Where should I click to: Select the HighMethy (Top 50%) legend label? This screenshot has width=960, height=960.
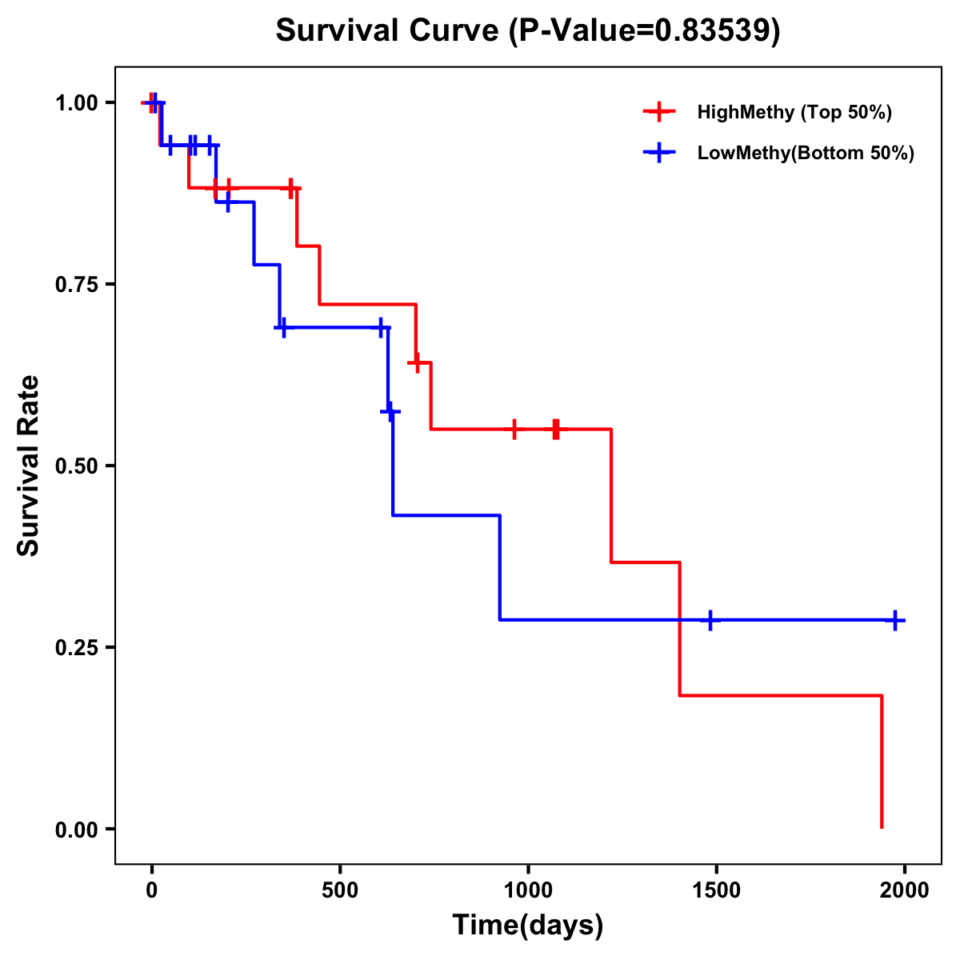[x=794, y=112]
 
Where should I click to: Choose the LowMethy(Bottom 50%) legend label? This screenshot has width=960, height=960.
[x=806, y=153]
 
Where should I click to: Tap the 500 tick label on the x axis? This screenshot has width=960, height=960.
[x=340, y=890]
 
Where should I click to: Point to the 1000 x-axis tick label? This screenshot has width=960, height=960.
[x=528, y=890]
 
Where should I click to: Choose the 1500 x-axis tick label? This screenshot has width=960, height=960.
[x=716, y=890]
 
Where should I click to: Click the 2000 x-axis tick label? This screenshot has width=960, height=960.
[x=904, y=890]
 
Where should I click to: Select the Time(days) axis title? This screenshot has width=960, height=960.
[x=528, y=926]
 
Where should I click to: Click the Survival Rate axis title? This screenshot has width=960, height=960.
[x=29, y=466]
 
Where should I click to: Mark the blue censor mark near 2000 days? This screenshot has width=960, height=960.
[x=895, y=620]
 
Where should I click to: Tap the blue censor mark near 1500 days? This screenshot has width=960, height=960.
[x=710, y=620]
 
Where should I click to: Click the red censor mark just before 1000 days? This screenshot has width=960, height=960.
[x=514, y=430]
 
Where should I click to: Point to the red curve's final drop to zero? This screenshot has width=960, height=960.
[x=882, y=760]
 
